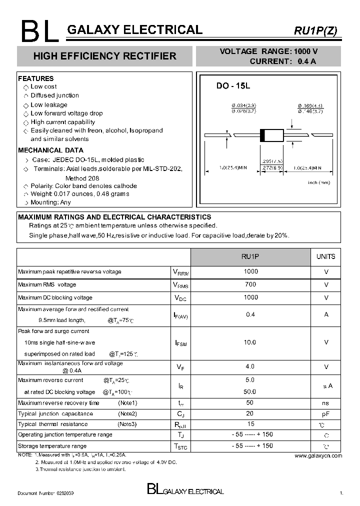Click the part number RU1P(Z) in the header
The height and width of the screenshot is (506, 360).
pos(315,30)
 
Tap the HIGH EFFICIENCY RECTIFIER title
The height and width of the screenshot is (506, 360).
pos(104,56)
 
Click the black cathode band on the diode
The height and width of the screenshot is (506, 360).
pos(262,135)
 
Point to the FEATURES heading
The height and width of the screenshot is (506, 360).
pos(35,78)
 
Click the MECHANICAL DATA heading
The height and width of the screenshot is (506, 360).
pos(50,150)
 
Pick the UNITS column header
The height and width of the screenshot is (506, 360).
pos(326,256)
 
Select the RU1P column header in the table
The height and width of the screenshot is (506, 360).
pos(250,256)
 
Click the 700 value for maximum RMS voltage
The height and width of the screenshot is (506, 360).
pos(250,284)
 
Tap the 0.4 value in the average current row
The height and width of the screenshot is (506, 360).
pos(250,314)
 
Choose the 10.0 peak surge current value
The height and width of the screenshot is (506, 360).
pos(250,342)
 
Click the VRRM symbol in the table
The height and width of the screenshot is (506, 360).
pos(180,272)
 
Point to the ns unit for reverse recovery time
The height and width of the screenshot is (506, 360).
pos(326,403)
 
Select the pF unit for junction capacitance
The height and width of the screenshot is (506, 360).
pos(326,414)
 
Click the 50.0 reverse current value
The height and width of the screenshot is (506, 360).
pos(250,392)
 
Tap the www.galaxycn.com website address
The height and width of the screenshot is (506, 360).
pos(318,455)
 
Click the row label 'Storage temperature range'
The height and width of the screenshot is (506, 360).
pos(52,446)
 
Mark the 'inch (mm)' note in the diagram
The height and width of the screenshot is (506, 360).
pos(319,182)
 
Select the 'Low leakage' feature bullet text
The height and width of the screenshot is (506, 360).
pos(49,105)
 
